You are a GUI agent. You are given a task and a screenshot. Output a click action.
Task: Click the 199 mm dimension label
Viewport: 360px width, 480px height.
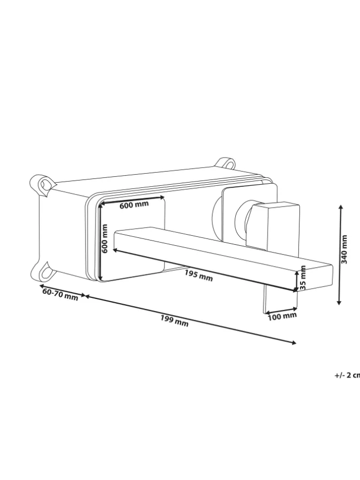(174, 320)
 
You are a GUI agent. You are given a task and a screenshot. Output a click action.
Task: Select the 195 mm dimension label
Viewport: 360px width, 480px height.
(199, 276)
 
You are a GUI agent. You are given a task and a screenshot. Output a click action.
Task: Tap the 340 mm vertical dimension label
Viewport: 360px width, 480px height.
(344, 249)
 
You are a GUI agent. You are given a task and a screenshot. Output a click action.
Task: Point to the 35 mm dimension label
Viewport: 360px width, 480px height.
(303, 278)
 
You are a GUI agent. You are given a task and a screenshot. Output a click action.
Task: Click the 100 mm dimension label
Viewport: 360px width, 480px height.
(282, 316)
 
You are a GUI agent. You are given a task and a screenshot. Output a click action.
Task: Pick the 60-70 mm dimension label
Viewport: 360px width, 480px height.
(61, 294)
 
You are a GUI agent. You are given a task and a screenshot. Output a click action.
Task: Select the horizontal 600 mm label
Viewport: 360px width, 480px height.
(134, 205)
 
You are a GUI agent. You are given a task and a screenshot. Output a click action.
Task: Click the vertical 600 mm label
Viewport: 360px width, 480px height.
(105, 238)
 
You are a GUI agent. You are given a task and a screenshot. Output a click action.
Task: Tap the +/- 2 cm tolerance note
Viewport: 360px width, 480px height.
(347, 375)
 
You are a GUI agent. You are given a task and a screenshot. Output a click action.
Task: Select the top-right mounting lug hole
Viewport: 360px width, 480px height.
(229, 164)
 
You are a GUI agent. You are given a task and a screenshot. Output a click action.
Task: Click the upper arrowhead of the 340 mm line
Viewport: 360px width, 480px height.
(340, 208)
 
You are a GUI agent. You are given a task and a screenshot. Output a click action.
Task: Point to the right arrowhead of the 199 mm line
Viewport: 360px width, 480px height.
(294, 343)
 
